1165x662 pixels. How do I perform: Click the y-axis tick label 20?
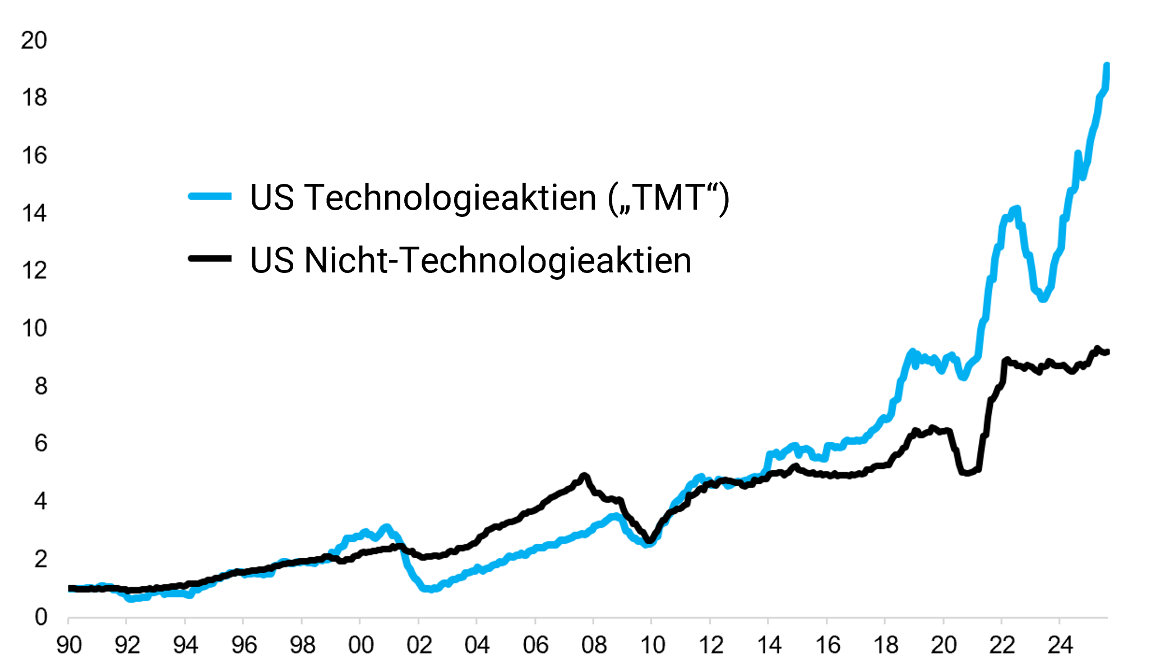[x=34, y=41]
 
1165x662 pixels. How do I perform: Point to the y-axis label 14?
[x=34, y=214]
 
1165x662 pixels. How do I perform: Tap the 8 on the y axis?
[x=40, y=386]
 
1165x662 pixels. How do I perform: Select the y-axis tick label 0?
[x=40, y=617]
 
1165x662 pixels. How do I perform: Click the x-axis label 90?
[x=69, y=645]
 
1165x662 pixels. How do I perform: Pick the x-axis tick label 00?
[x=360, y=645]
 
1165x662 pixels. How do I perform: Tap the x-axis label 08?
[x=594, y=645]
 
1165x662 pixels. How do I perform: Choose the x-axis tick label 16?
[x=827, y=645]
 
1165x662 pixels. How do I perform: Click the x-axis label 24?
[x=1060, y=645]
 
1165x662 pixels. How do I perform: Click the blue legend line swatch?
[x=210, y=196]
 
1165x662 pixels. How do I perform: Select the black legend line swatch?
[x=210, y=258]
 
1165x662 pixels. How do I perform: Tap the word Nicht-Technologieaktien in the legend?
[x=497, y=260]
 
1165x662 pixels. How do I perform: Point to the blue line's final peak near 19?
[x=1107, y=66]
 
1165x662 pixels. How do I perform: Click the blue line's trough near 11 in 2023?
[x=1043, y=299]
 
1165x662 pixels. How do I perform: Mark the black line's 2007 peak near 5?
[x=585, y=476]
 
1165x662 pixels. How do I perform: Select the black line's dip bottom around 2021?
[x=967, y=473]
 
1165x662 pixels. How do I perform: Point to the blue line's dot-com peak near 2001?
[x=386, y=527]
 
